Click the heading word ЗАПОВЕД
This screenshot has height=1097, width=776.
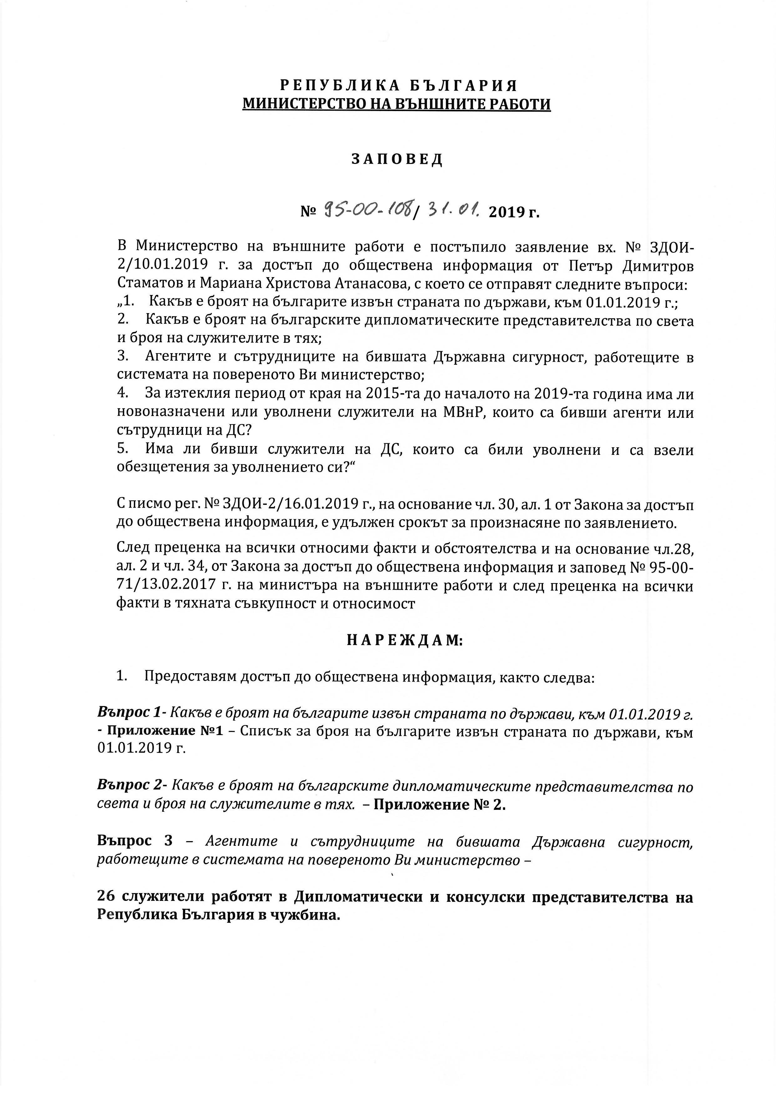point(397,160)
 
